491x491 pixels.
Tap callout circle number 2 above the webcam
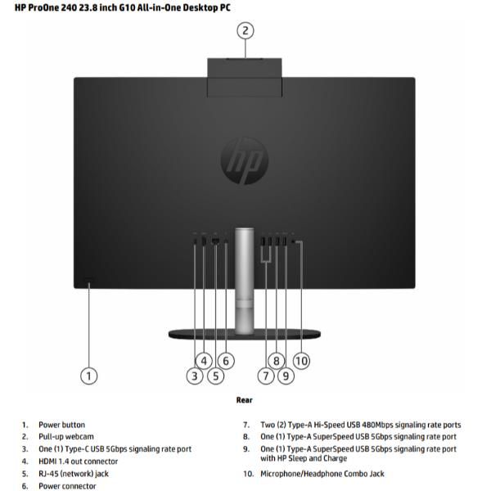[245, 31]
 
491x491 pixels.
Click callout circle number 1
[89, 376]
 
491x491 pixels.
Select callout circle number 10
[301, 360]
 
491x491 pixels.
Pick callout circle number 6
[226, 360]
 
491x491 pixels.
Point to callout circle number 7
[265, 376]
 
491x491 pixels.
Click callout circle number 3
[195, 376]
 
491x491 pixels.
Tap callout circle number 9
[286, 376]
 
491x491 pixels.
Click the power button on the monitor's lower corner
[89, 282]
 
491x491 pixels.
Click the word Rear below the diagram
[245, 400]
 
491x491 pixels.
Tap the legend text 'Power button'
[61, 425]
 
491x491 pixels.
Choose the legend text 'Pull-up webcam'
[65, 437]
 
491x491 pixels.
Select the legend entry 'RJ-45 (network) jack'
[74, 474]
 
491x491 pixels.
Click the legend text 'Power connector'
[67, 486]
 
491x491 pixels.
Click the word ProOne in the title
[46, 7]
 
